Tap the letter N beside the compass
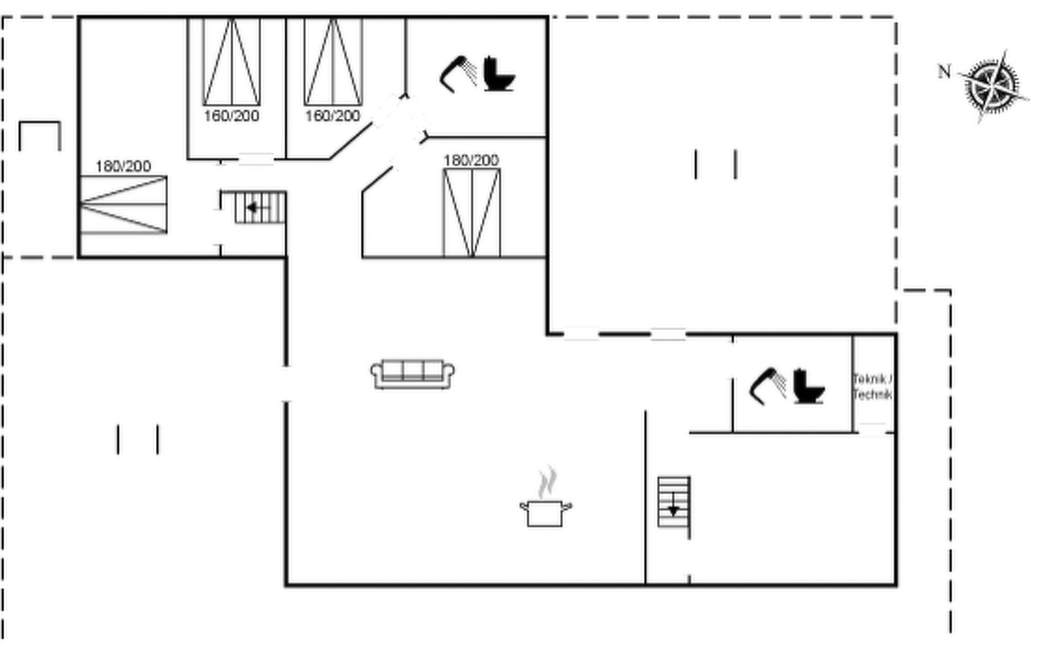click(x=945, y=71)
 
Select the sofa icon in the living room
click(x=412, y=374)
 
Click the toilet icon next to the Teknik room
click(x=808, y=386)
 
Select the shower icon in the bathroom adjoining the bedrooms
click(x=457, y=74)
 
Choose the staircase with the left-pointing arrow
click(x=260, y=207)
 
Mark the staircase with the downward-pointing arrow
click(x=674, y=502)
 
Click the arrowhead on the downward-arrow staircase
click(x=674, y=511)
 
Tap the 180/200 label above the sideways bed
click(x=123, y=166)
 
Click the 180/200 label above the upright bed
click(x=471, y=160)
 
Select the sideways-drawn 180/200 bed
click(x=123, y=205)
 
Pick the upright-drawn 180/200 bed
click(x=472, y=212)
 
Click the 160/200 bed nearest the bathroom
click(x=333, y=62)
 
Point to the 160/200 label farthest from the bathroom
click(x=231, y=116)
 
